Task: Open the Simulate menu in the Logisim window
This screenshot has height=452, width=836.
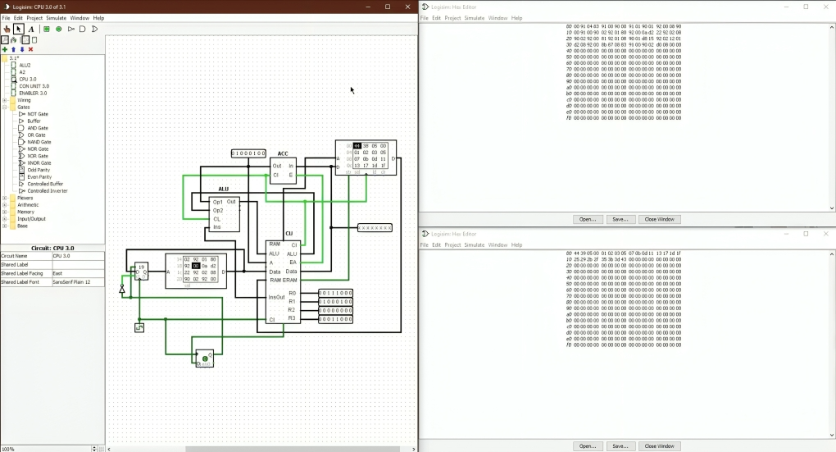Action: (57, 17)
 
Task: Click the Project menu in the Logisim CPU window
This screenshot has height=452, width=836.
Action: (34, 17)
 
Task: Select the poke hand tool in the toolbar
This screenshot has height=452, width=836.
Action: (7, 29)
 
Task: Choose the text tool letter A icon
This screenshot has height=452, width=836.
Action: (31, 29)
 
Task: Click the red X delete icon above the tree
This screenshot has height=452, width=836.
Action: (31, 49)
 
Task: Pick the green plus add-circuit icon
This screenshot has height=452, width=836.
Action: (5, 49)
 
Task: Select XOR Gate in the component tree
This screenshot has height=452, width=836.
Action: (37, 156)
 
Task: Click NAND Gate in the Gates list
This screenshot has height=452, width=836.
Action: (39, 142)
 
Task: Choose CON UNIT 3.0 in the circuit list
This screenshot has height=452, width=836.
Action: (34, 86)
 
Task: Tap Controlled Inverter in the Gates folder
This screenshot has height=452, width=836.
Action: (47, 191)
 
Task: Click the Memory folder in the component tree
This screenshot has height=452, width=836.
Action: (26, 212)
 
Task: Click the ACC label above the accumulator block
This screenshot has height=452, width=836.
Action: (283, 153)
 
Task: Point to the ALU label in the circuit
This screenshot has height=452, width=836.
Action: (223, 189)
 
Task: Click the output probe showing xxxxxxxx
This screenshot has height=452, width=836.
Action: (375, 227)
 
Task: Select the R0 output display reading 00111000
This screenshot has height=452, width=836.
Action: (335, 293)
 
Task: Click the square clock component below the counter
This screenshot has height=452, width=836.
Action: (139, 328)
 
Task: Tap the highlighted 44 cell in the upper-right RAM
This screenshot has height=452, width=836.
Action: (357, 146)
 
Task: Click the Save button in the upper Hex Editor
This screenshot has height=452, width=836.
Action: (620, 219)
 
